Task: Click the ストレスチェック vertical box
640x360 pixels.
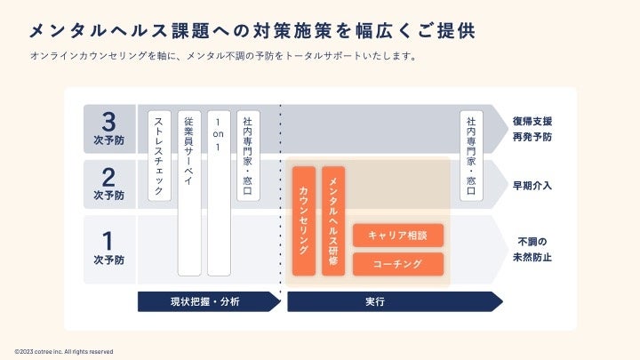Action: pos(159,155)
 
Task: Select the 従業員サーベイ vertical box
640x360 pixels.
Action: pos(189,192)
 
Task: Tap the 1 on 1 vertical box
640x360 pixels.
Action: pos(219,192)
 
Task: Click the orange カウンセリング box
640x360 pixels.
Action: pos(303,220)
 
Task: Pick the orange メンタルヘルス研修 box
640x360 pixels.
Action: pos(333,220)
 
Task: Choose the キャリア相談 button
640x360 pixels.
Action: pos(398,236)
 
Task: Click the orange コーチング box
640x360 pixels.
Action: pos(398,264)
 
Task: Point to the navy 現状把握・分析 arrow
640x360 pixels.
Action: pos(209,302)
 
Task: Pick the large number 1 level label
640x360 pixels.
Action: pos(109,241)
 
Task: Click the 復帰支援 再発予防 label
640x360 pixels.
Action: pos(532,129)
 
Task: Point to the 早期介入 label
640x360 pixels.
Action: pos(532,186)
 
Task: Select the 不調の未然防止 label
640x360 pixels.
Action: pos(532,249)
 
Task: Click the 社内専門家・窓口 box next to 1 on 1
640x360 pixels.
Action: pos(248,155)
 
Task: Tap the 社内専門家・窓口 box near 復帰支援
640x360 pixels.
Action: pos(471,155)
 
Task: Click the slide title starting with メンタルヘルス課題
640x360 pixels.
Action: pos(251,31)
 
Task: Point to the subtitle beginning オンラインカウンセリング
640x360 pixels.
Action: pos(223,56)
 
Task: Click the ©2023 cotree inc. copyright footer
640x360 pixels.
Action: pos(64,351)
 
